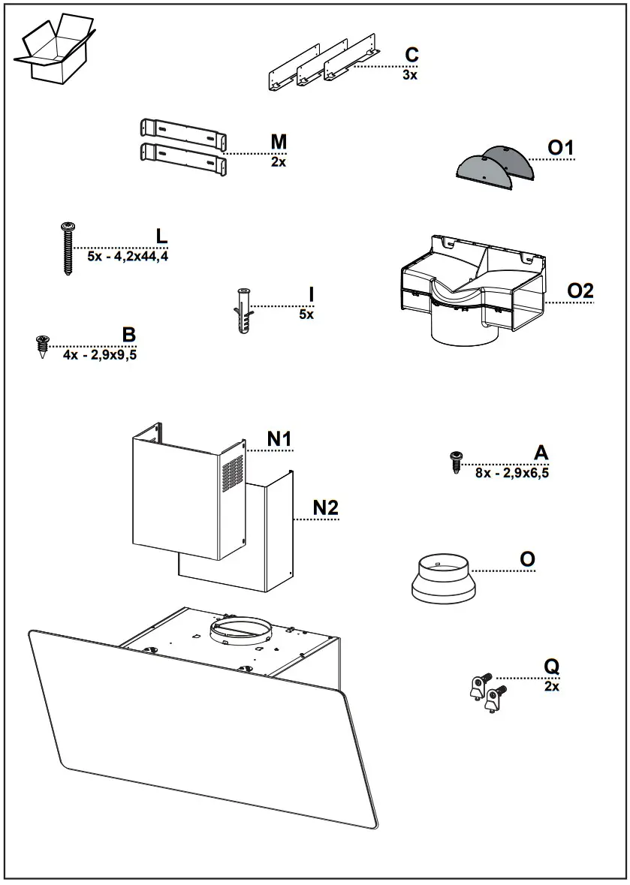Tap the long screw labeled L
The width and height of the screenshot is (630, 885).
pos(68,248)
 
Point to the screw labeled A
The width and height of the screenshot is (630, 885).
pos(455,462)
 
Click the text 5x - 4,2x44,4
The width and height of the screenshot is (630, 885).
pos(127,256)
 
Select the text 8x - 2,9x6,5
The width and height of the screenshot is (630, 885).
pos(511,473)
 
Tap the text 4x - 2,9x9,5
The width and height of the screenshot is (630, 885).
pos(100,354)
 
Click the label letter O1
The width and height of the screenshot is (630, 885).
pos(560,148)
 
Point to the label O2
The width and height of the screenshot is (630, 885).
pos(580,291)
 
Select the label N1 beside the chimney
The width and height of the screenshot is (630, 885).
pos(279,439)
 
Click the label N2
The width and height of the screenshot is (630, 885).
pos(325,508)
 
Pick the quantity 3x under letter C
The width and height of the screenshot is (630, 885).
pos(409,74)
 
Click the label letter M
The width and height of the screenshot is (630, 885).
pos(279,142)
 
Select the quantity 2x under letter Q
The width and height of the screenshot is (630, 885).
pos(552,686)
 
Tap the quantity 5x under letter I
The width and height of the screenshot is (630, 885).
pos(306,315)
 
